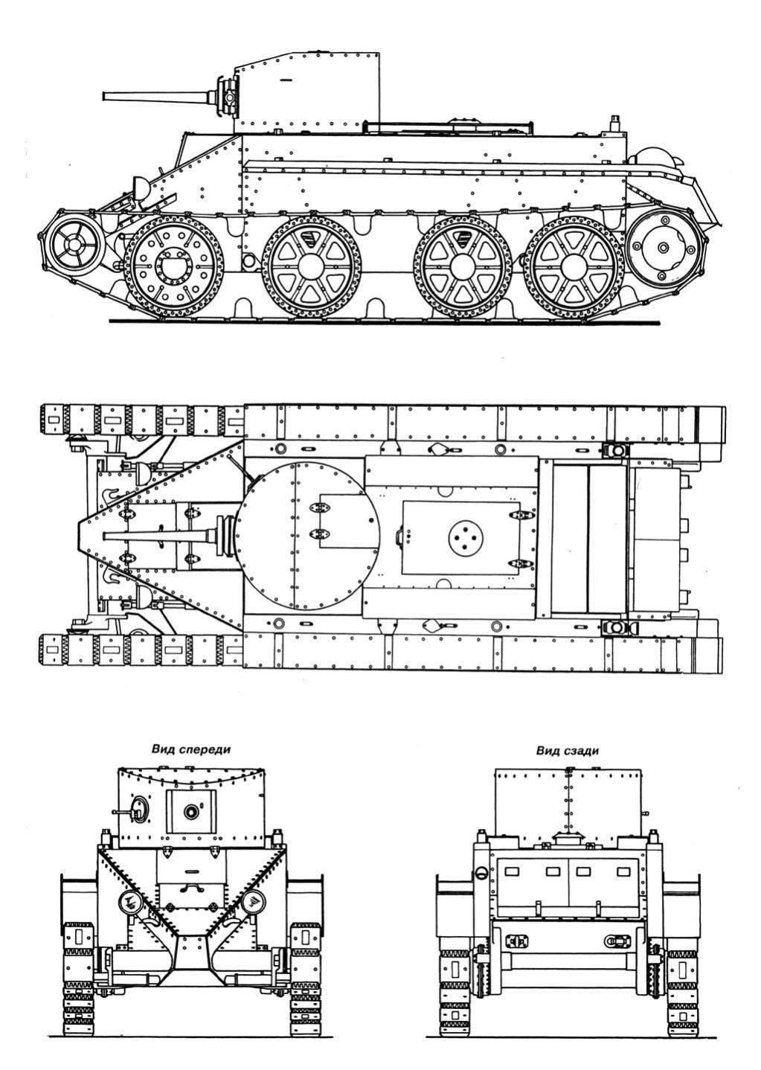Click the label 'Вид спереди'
pos(190,749)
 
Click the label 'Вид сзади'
pos(567,751)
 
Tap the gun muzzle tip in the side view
pos(103,97)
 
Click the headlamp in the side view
pos(141,187)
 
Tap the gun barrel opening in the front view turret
pos(192,810)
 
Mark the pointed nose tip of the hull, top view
pos(78,536)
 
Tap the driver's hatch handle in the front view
pos(189,888)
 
